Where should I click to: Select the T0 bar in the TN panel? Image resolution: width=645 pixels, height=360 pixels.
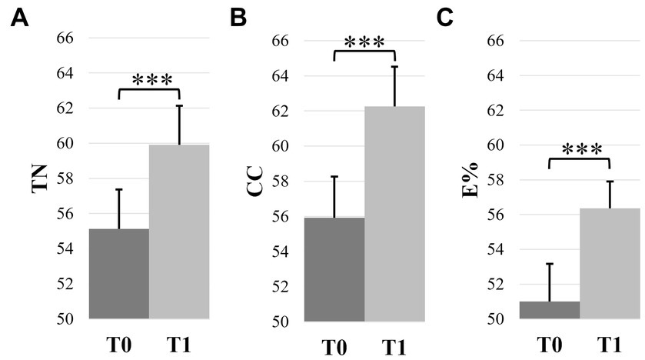pos(119,273)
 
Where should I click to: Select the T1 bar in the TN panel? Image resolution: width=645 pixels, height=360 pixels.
pos(179,231)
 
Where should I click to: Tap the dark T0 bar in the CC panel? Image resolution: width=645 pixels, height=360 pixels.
pos(335,268)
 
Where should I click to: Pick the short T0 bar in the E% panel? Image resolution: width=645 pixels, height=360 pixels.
pos(550,310)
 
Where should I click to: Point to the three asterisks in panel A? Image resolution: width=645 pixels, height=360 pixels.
pos(152,80)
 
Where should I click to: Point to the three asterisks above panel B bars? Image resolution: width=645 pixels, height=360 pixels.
pos(364,42)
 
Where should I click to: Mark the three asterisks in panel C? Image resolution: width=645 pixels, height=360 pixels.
pos(579,148)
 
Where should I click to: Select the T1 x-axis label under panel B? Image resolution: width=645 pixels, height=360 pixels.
pos(394,346)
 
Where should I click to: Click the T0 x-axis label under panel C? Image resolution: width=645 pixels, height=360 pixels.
pos(550,345)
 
